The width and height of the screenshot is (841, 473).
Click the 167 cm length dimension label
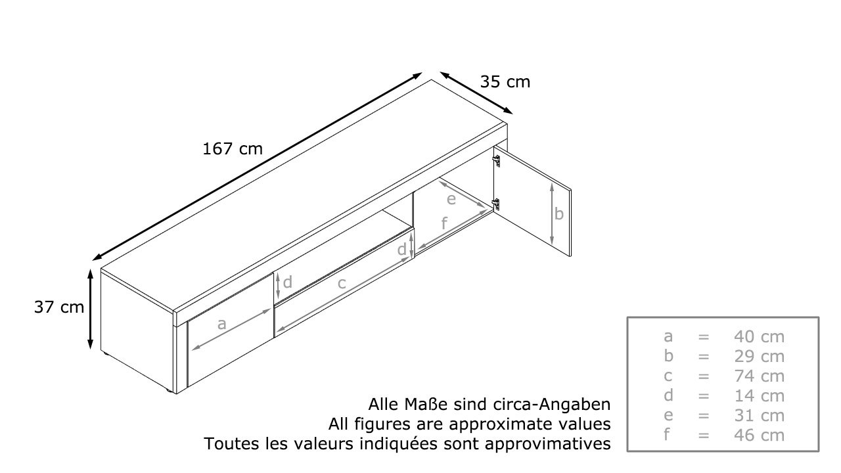233,149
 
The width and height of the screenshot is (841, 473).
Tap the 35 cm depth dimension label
505,82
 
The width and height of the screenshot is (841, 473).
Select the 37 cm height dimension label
59,307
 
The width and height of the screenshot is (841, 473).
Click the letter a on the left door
222,324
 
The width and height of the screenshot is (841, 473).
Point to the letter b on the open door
559,214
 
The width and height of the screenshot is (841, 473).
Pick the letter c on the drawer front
341,283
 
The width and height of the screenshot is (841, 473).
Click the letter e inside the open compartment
451,199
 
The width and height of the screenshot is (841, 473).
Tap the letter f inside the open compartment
444,223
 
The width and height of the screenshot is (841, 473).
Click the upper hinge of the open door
496,160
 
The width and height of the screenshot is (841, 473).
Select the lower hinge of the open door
496,204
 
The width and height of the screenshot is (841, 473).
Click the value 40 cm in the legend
759,337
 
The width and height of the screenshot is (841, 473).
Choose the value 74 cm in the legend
759,376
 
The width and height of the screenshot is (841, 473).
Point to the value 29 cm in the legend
759,357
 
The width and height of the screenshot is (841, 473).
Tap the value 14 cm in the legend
759,396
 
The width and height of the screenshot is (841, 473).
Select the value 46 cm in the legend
759,436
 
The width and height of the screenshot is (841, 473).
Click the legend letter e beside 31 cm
668,416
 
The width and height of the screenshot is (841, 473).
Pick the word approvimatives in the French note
548,445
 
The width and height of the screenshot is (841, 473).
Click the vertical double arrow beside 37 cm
90,309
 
